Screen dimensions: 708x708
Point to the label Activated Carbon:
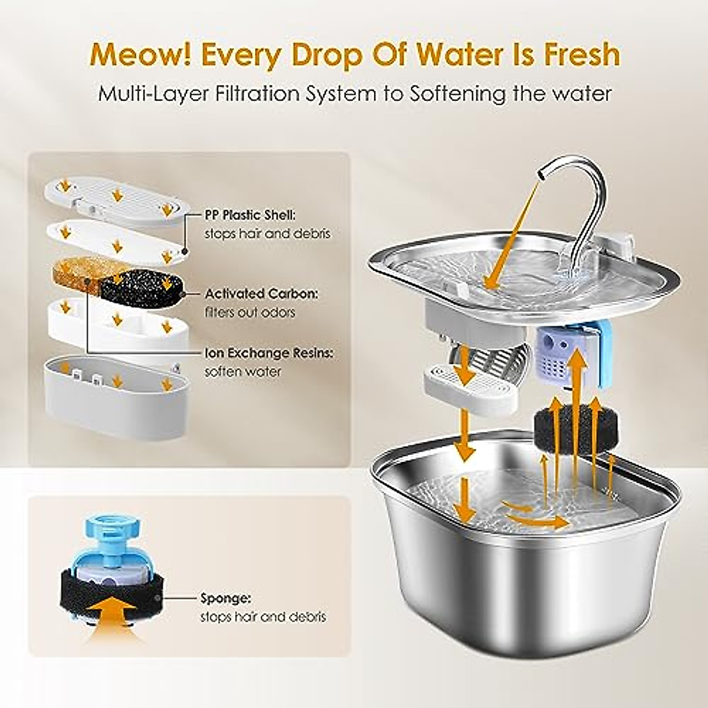pyautogui.click(x=261, y=293)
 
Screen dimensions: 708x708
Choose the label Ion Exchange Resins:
pyautogui.click(x=269, y=353)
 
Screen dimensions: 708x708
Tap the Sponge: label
pyautogui.click(x=225, y=598)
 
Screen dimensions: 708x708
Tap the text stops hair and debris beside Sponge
pyautogui.click(x=263, y=617)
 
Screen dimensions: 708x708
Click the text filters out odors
pyautogui.click(x=250, y=312)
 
